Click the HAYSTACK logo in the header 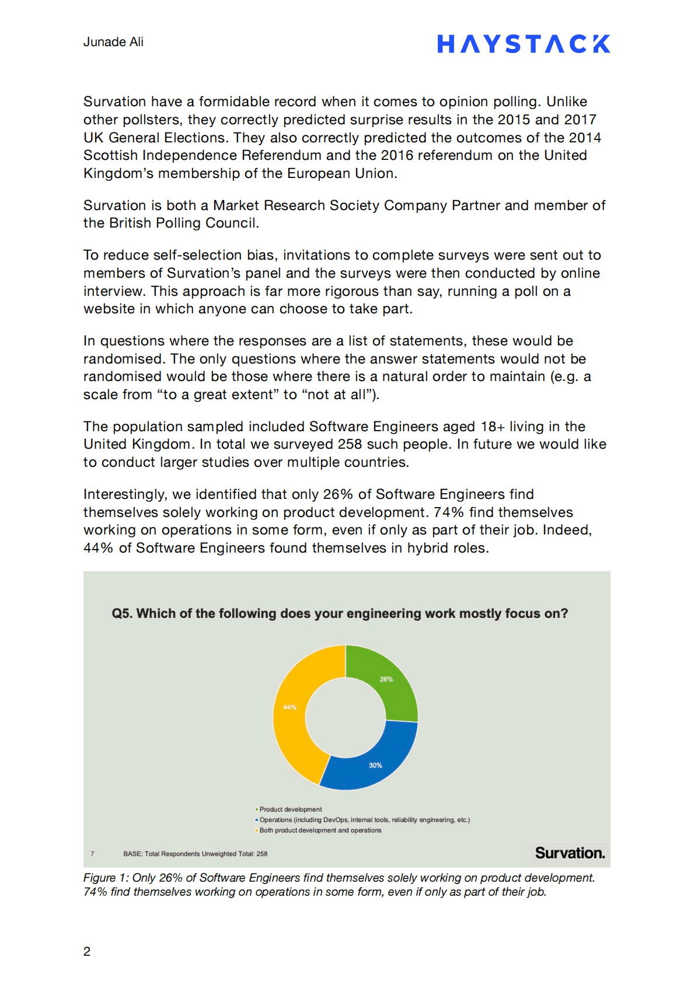pyautogui.click(x=523, y=44)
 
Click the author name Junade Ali pyautogui.click(x=113, y=42)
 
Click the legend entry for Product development pyautogui.click(x=290, y=809)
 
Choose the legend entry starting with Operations pyautogui.click(x=364, y=820)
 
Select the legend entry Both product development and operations pyautogui.click(x=320, y=830)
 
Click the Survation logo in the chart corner pyautogui.click(x=570, y=853)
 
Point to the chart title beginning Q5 pyautogui.click(x=340, y=614)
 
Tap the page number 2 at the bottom pyautogui.click(x=87, y=952)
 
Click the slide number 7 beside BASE pyautogui.click(x=92, y=854)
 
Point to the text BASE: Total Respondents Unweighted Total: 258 pyautogui.click(x=195, y=854)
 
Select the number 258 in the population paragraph pyautogui.click(x=350, y=444)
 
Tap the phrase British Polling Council pyautogui.click(x=181, y=223)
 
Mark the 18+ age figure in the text pyautogui.click(x=493, y=427)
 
